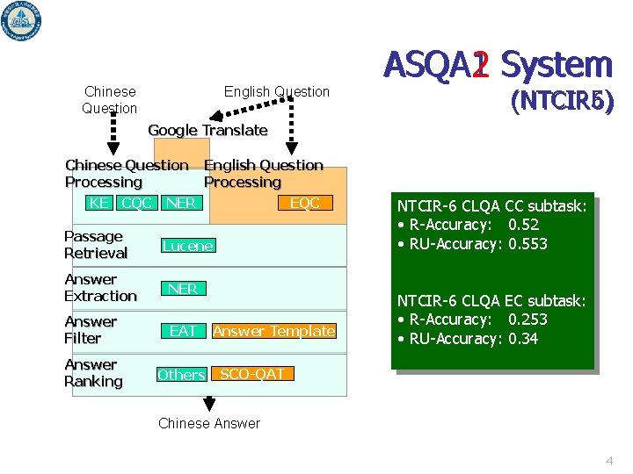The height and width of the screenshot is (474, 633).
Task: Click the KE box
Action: pos(99,203)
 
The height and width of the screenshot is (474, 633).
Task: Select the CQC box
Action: pos(136,203)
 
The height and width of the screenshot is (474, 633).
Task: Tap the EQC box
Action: pos(305,203)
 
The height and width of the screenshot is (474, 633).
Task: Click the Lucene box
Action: pos(187,246)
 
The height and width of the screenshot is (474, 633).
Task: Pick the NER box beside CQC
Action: pos(180,203)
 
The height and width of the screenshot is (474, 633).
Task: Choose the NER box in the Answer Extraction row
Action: pos(182,289)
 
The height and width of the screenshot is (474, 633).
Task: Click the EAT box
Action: pos(183,331)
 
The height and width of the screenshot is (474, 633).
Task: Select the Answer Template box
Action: pos(273,331)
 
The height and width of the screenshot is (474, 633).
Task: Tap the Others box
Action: pos(181,375)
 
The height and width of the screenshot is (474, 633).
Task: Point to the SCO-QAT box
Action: pos(251,374)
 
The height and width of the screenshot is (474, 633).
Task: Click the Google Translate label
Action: pos(207,130)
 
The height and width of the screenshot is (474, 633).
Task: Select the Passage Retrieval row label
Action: pos(96,245)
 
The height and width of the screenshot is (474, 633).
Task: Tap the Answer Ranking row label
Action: pos(93,373)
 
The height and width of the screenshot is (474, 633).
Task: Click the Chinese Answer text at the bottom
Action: pos(209,423)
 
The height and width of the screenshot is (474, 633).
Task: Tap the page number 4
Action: pos(609,461)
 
